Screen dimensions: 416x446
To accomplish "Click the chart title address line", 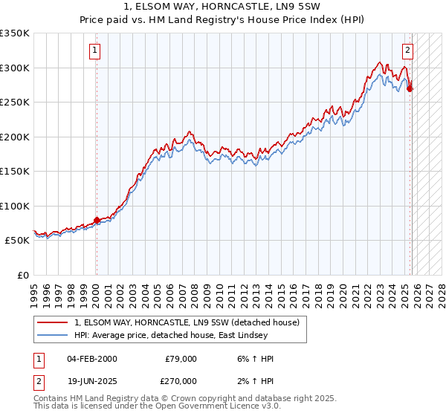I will click(x=223, y=6).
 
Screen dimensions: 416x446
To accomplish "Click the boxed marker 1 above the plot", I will click(x=96, y=51).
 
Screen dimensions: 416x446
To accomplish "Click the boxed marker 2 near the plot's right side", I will click(x=408, y=51).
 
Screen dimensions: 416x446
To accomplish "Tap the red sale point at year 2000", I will click(x=97, y=220).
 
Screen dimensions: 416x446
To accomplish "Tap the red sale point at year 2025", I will click(x=410, y=88).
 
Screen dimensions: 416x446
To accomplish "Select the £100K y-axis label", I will click(x=15, y=206).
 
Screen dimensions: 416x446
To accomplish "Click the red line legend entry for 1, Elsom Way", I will click(x=186, y=322).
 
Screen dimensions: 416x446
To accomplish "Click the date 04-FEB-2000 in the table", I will click(x=91, y=359).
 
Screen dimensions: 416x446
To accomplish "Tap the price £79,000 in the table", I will click(x=181, y=359).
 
